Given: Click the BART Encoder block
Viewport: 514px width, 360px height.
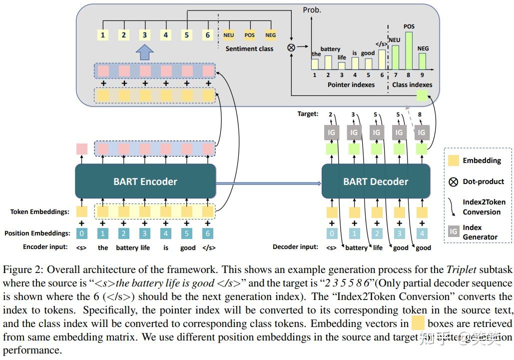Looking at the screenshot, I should tap(145, 181).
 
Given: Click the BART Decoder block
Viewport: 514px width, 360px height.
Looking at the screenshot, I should tap(376, 181).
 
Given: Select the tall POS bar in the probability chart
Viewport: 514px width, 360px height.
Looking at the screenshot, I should tap(409, 50).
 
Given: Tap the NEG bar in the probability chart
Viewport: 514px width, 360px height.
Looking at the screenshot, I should tap(422, 60).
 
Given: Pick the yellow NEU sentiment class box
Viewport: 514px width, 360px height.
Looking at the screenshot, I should tap(229, 35).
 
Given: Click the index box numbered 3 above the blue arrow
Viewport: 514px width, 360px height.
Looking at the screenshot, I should tap(145, 35).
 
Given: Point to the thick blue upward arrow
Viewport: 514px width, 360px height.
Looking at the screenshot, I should tap(145, 51).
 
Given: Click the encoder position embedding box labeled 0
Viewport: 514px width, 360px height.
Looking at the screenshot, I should tap(82, 233).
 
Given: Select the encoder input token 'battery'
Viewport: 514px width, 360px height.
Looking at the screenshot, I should tap(127, 247).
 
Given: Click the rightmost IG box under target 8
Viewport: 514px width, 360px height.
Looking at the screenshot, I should tap(422, 132).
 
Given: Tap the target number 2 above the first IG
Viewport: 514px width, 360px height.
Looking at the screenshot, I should tap(330, 114).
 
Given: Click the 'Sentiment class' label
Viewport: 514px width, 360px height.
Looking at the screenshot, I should tap(249, 48).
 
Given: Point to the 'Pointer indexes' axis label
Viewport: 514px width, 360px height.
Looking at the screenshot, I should tap(351, 84).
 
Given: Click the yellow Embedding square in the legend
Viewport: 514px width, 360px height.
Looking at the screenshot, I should tap(453, 160).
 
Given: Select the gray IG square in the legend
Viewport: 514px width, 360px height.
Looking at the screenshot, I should tap(453, 231).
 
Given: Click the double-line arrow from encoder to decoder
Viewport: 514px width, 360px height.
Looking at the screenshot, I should tap(268, 183).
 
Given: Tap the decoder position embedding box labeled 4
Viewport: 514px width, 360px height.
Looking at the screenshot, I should tap(422, 233).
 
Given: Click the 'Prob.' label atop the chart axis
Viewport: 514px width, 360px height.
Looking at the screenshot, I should tap(312, 9).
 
